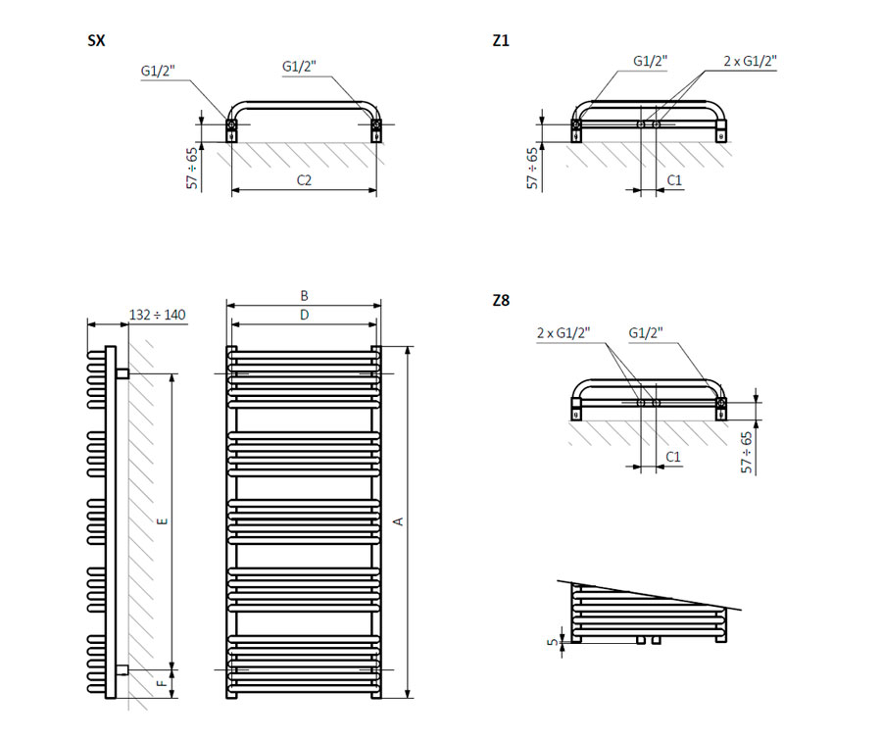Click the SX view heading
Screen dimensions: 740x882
point(96,41)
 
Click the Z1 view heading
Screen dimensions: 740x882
point(501,41)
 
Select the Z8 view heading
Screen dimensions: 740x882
point(501,301)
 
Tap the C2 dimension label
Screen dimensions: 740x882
point(304,180)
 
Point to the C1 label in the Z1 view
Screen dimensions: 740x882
point(674,180)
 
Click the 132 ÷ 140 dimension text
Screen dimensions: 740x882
point(158,315)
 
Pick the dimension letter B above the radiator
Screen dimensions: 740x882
point(304,295)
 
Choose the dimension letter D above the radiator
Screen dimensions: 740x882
point(304,315)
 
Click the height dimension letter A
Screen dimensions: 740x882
point(398,521)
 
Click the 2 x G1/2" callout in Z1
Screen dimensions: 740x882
point(750,61)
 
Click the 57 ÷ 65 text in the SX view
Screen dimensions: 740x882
point(193,168)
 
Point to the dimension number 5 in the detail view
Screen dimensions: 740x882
point(553,642)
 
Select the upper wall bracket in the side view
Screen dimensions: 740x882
point(122,373)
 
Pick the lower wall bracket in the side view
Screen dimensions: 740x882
point(122,670)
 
